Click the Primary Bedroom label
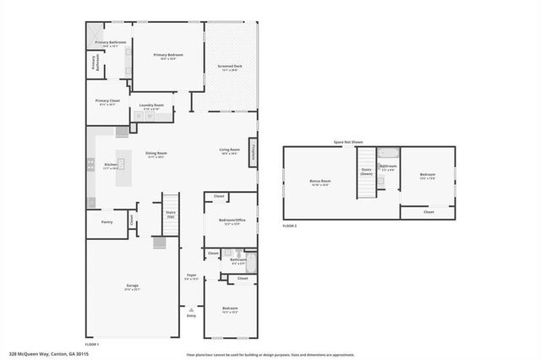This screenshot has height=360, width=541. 167,57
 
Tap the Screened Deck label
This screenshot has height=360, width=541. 230,68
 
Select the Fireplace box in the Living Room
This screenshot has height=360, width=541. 252,150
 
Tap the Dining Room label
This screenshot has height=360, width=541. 156,155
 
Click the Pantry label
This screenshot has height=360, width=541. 107,222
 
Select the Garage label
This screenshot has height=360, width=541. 132,287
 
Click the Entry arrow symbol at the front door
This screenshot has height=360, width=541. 191,309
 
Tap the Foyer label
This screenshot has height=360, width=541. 191,276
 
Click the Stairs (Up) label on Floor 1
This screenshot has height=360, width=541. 170,215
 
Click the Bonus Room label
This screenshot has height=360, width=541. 320,182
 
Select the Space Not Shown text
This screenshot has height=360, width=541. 347,142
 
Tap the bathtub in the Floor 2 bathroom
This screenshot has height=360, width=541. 387,155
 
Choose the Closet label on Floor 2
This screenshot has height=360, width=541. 428,212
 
